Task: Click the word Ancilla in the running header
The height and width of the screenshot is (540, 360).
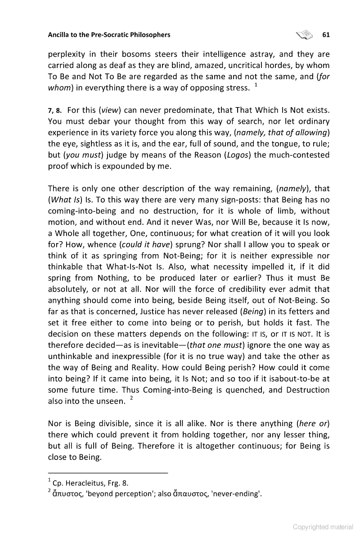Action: (59, 34)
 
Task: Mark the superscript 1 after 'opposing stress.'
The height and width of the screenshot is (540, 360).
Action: (256, 85)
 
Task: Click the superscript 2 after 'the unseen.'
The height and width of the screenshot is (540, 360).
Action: (131, 399)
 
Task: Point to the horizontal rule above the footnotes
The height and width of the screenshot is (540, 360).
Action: (108, 472)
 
